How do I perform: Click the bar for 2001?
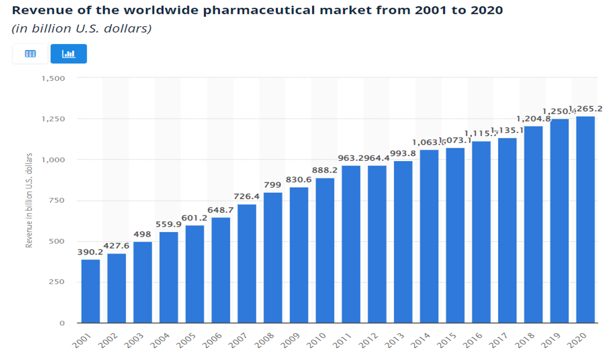click(x=90, y=291)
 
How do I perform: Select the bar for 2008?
click(x=273, y=258)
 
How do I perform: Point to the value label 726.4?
click(x=246, y=197)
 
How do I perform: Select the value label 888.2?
click(x=325, y=170)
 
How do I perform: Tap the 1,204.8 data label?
click(x=533, y=119)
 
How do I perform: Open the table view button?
click(x=30, y=54)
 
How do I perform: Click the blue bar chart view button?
click(x=68, y=54)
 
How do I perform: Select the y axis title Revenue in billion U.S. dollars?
click(x=29, y=200)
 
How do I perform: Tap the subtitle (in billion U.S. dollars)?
click(x=81, y=29)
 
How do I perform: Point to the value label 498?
click(x=142, y=234)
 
